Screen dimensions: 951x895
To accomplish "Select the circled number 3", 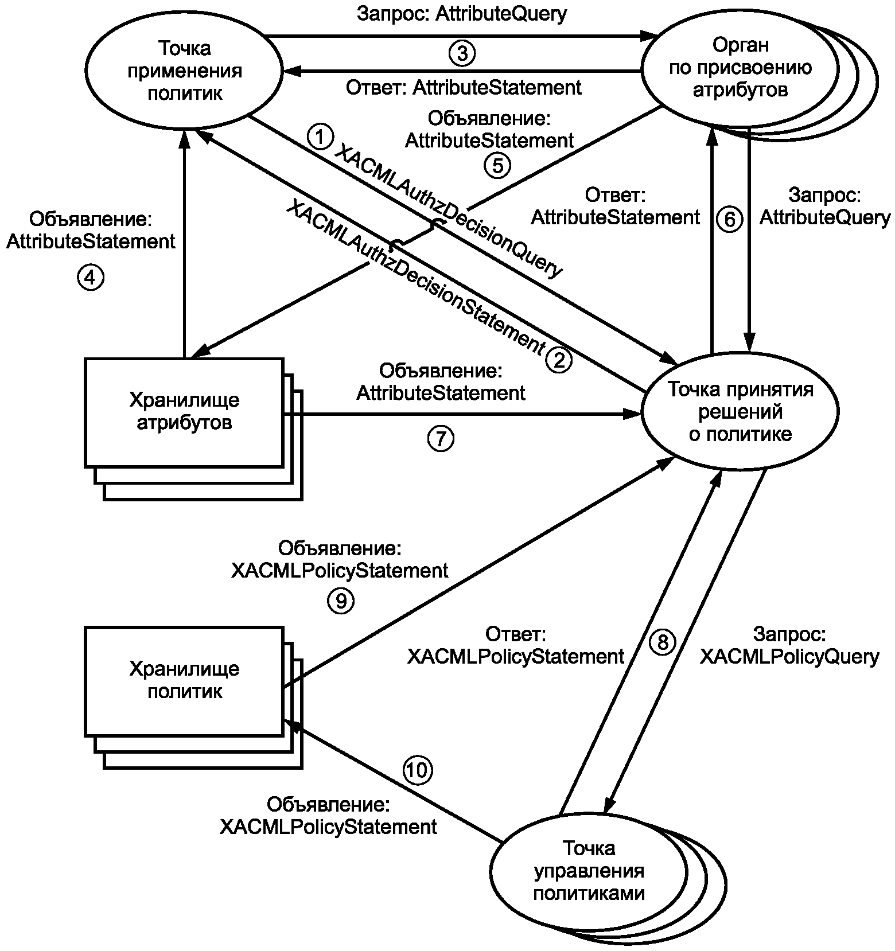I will (x=462, y=54).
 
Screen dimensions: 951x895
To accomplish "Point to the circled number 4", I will (x=91, y=278).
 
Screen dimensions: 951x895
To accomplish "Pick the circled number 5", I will (x=497, y=165).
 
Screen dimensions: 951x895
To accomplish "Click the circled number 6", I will (x=730, y=219).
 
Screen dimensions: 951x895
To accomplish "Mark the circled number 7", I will (x=441, y=439).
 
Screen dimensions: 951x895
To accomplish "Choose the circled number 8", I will (x=663, y=642).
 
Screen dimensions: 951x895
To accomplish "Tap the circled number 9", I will (x=341, y=601).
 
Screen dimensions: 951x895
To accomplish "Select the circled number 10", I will (x=418, y=770).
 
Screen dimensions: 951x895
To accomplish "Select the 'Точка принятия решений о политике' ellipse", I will (x=740, y=412).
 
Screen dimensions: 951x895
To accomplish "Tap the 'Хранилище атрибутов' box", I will (x=184, y=412).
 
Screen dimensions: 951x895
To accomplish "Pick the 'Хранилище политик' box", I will (x=184, y=680).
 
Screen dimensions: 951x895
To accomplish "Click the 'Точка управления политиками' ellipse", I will (x=589, y=871).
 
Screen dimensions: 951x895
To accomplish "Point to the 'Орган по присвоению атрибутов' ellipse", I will (x=740, y=68).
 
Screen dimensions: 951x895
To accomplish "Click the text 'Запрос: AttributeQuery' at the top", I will (x=461, y=14).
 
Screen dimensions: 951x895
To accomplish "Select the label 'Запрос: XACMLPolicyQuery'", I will (x=789, y=646).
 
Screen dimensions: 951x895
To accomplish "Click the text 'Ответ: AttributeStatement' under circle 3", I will (x=464, y=88).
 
